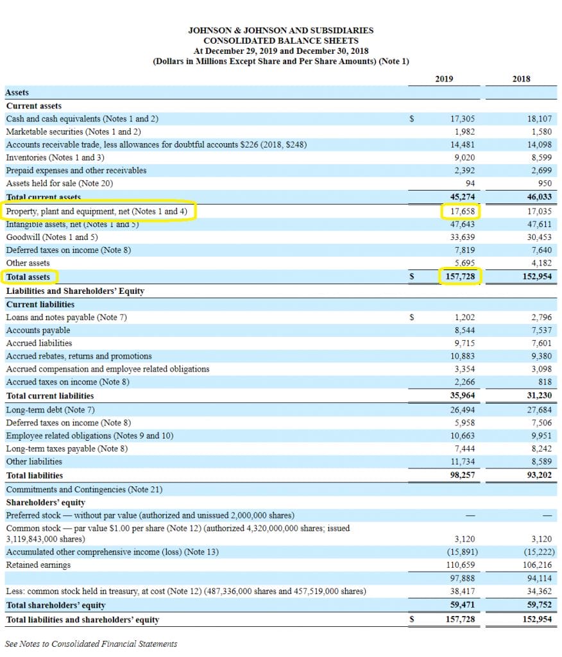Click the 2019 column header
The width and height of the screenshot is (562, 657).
444,79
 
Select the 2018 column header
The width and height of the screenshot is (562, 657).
521,79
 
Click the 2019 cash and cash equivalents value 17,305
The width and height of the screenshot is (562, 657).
463,119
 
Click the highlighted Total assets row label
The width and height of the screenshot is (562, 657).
28,277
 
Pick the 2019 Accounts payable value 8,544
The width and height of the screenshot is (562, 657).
465,330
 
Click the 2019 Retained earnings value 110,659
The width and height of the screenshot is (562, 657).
461,565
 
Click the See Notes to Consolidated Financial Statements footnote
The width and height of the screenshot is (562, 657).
91,644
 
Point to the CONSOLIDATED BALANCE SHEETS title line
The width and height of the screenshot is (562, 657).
280,40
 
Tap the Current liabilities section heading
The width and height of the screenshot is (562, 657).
40,304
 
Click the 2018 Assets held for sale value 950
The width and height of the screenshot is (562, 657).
545,183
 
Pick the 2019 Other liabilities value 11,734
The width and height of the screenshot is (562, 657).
463,461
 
